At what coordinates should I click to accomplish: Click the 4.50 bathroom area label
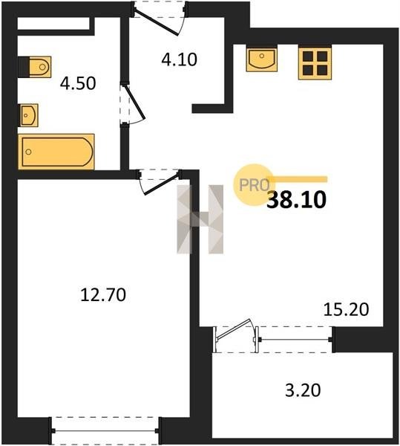click(78, 83)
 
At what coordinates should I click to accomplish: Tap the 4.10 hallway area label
click(179, 59)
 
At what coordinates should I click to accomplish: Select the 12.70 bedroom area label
click(103, 294)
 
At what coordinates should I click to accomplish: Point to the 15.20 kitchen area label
click(347, 309)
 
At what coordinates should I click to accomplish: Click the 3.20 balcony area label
click(303, 390)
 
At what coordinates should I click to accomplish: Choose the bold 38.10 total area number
click(297, 199)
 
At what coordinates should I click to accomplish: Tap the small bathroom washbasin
click(28, 115)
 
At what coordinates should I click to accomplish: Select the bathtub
click(56, 152)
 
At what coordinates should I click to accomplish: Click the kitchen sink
click(261, 58)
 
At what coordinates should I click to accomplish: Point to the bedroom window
click(105, 431)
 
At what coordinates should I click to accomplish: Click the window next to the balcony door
click(295, 340)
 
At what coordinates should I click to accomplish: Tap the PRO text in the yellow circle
click(255, 185)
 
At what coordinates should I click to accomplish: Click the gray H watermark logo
click(200, 219)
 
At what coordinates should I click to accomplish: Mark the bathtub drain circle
click(28, 152)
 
